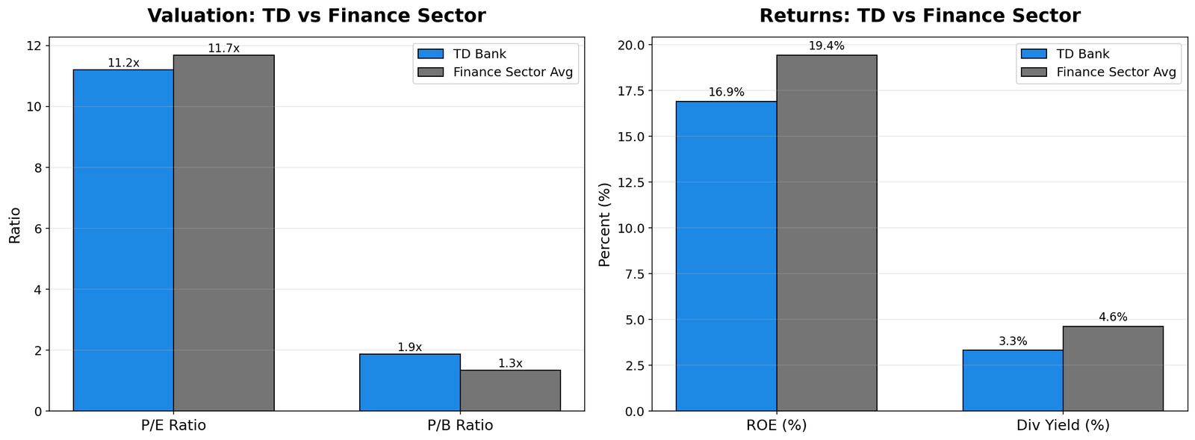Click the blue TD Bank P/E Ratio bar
[x=123, y=240]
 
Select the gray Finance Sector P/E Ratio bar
[x=223, y=232]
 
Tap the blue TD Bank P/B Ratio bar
[x=409, y=382]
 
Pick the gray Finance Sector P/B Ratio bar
[x=510, y=391]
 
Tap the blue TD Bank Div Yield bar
[x=1012, y=380]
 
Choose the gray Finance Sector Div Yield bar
[x=1113, y=368]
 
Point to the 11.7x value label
[x=223, y=49]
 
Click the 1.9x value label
[x=409, y=347]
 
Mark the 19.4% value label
[x=827, y=46]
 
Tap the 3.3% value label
[x=1013, y=341]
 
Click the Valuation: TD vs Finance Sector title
[x=317, y=16]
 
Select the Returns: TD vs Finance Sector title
[x=919, y=16]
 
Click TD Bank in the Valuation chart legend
[x=479, y=54]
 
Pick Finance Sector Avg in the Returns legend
[x=1116, y=72]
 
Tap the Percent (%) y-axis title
[x=605, y=224]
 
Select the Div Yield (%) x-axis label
[x=1063, y=426]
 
